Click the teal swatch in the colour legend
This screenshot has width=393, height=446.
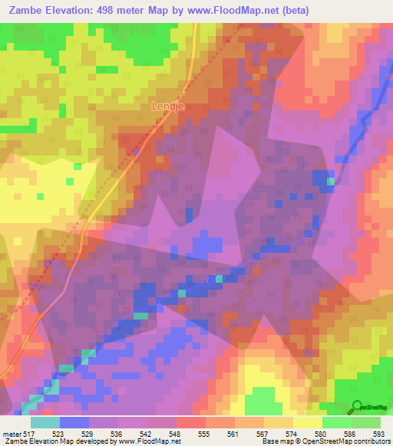(45, 422)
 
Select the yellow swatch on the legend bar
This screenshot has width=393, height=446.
(307, 422)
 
